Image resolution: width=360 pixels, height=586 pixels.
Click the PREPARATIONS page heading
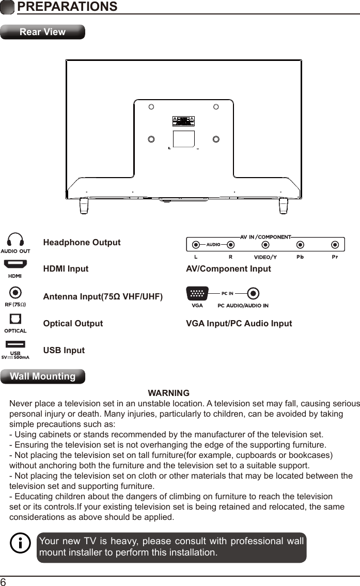point(67,7)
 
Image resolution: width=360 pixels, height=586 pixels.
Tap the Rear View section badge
point(42,32)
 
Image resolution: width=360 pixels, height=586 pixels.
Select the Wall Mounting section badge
point(43,376)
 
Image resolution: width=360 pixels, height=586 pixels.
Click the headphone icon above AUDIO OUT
point(15,240)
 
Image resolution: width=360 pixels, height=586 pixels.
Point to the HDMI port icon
point(15,264)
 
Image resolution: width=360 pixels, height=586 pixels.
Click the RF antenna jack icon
point(15,292)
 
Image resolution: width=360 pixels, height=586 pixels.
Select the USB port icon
point(15,344)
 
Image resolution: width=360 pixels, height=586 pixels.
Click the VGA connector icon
point(197,294)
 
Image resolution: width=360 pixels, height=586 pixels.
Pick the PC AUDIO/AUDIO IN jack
point(253,294)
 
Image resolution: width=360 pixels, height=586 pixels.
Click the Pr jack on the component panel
point(335,245)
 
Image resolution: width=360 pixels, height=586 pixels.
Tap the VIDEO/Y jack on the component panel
point(265,245)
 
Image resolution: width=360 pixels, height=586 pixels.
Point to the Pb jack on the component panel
point(300,245)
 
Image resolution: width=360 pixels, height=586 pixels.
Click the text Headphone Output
point(82,243)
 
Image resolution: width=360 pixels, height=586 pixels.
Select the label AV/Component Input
point(228,269)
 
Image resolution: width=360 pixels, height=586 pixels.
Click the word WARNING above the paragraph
point(168,393)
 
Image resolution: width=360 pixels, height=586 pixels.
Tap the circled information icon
point(21,544)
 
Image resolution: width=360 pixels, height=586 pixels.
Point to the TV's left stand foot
point(83,205)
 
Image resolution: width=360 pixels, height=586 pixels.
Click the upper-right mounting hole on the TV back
point(216,107)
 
